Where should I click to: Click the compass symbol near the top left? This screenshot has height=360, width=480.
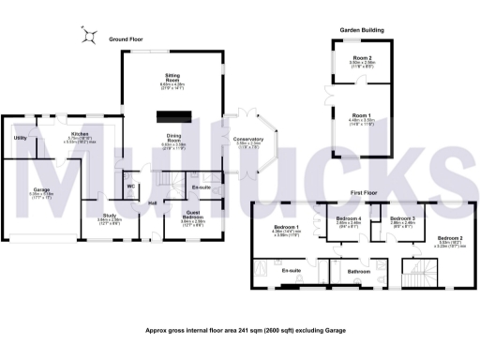pos(89,37)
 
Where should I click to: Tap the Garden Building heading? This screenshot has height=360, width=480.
pos(360,30)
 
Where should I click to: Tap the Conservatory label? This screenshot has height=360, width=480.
pos(248,139)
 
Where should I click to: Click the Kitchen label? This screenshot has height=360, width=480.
pos(79,135)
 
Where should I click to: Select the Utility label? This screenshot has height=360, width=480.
pos(20,138)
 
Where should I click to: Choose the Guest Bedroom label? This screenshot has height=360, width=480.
pos(193,216)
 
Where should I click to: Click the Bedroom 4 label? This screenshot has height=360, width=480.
pos(349,218)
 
